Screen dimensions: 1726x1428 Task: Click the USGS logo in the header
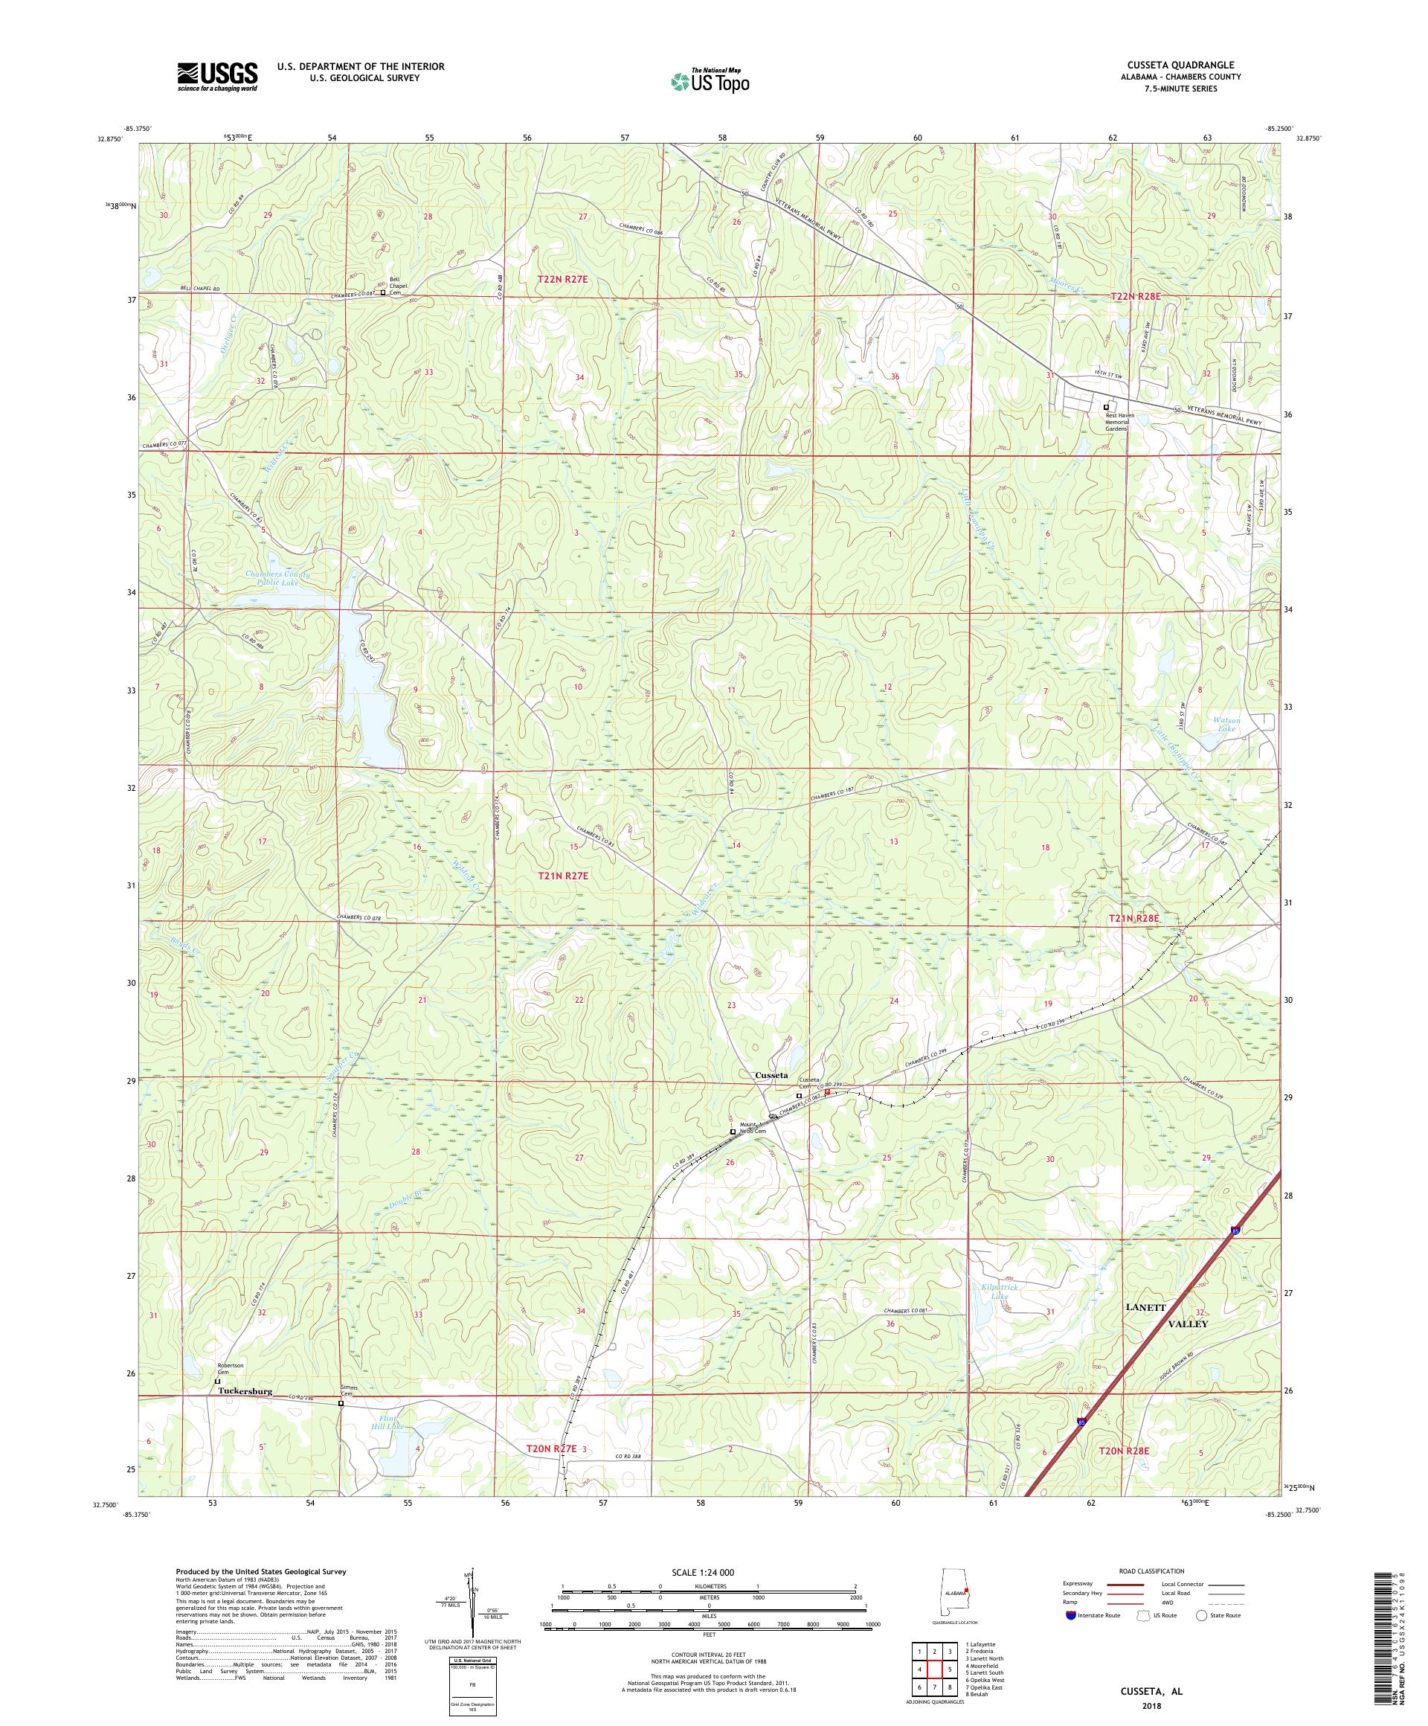click(x=217, y=77)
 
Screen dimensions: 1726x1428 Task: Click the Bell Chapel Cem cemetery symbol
click(x=382, y=292)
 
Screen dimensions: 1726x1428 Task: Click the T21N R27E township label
click(x=562, y=876)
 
